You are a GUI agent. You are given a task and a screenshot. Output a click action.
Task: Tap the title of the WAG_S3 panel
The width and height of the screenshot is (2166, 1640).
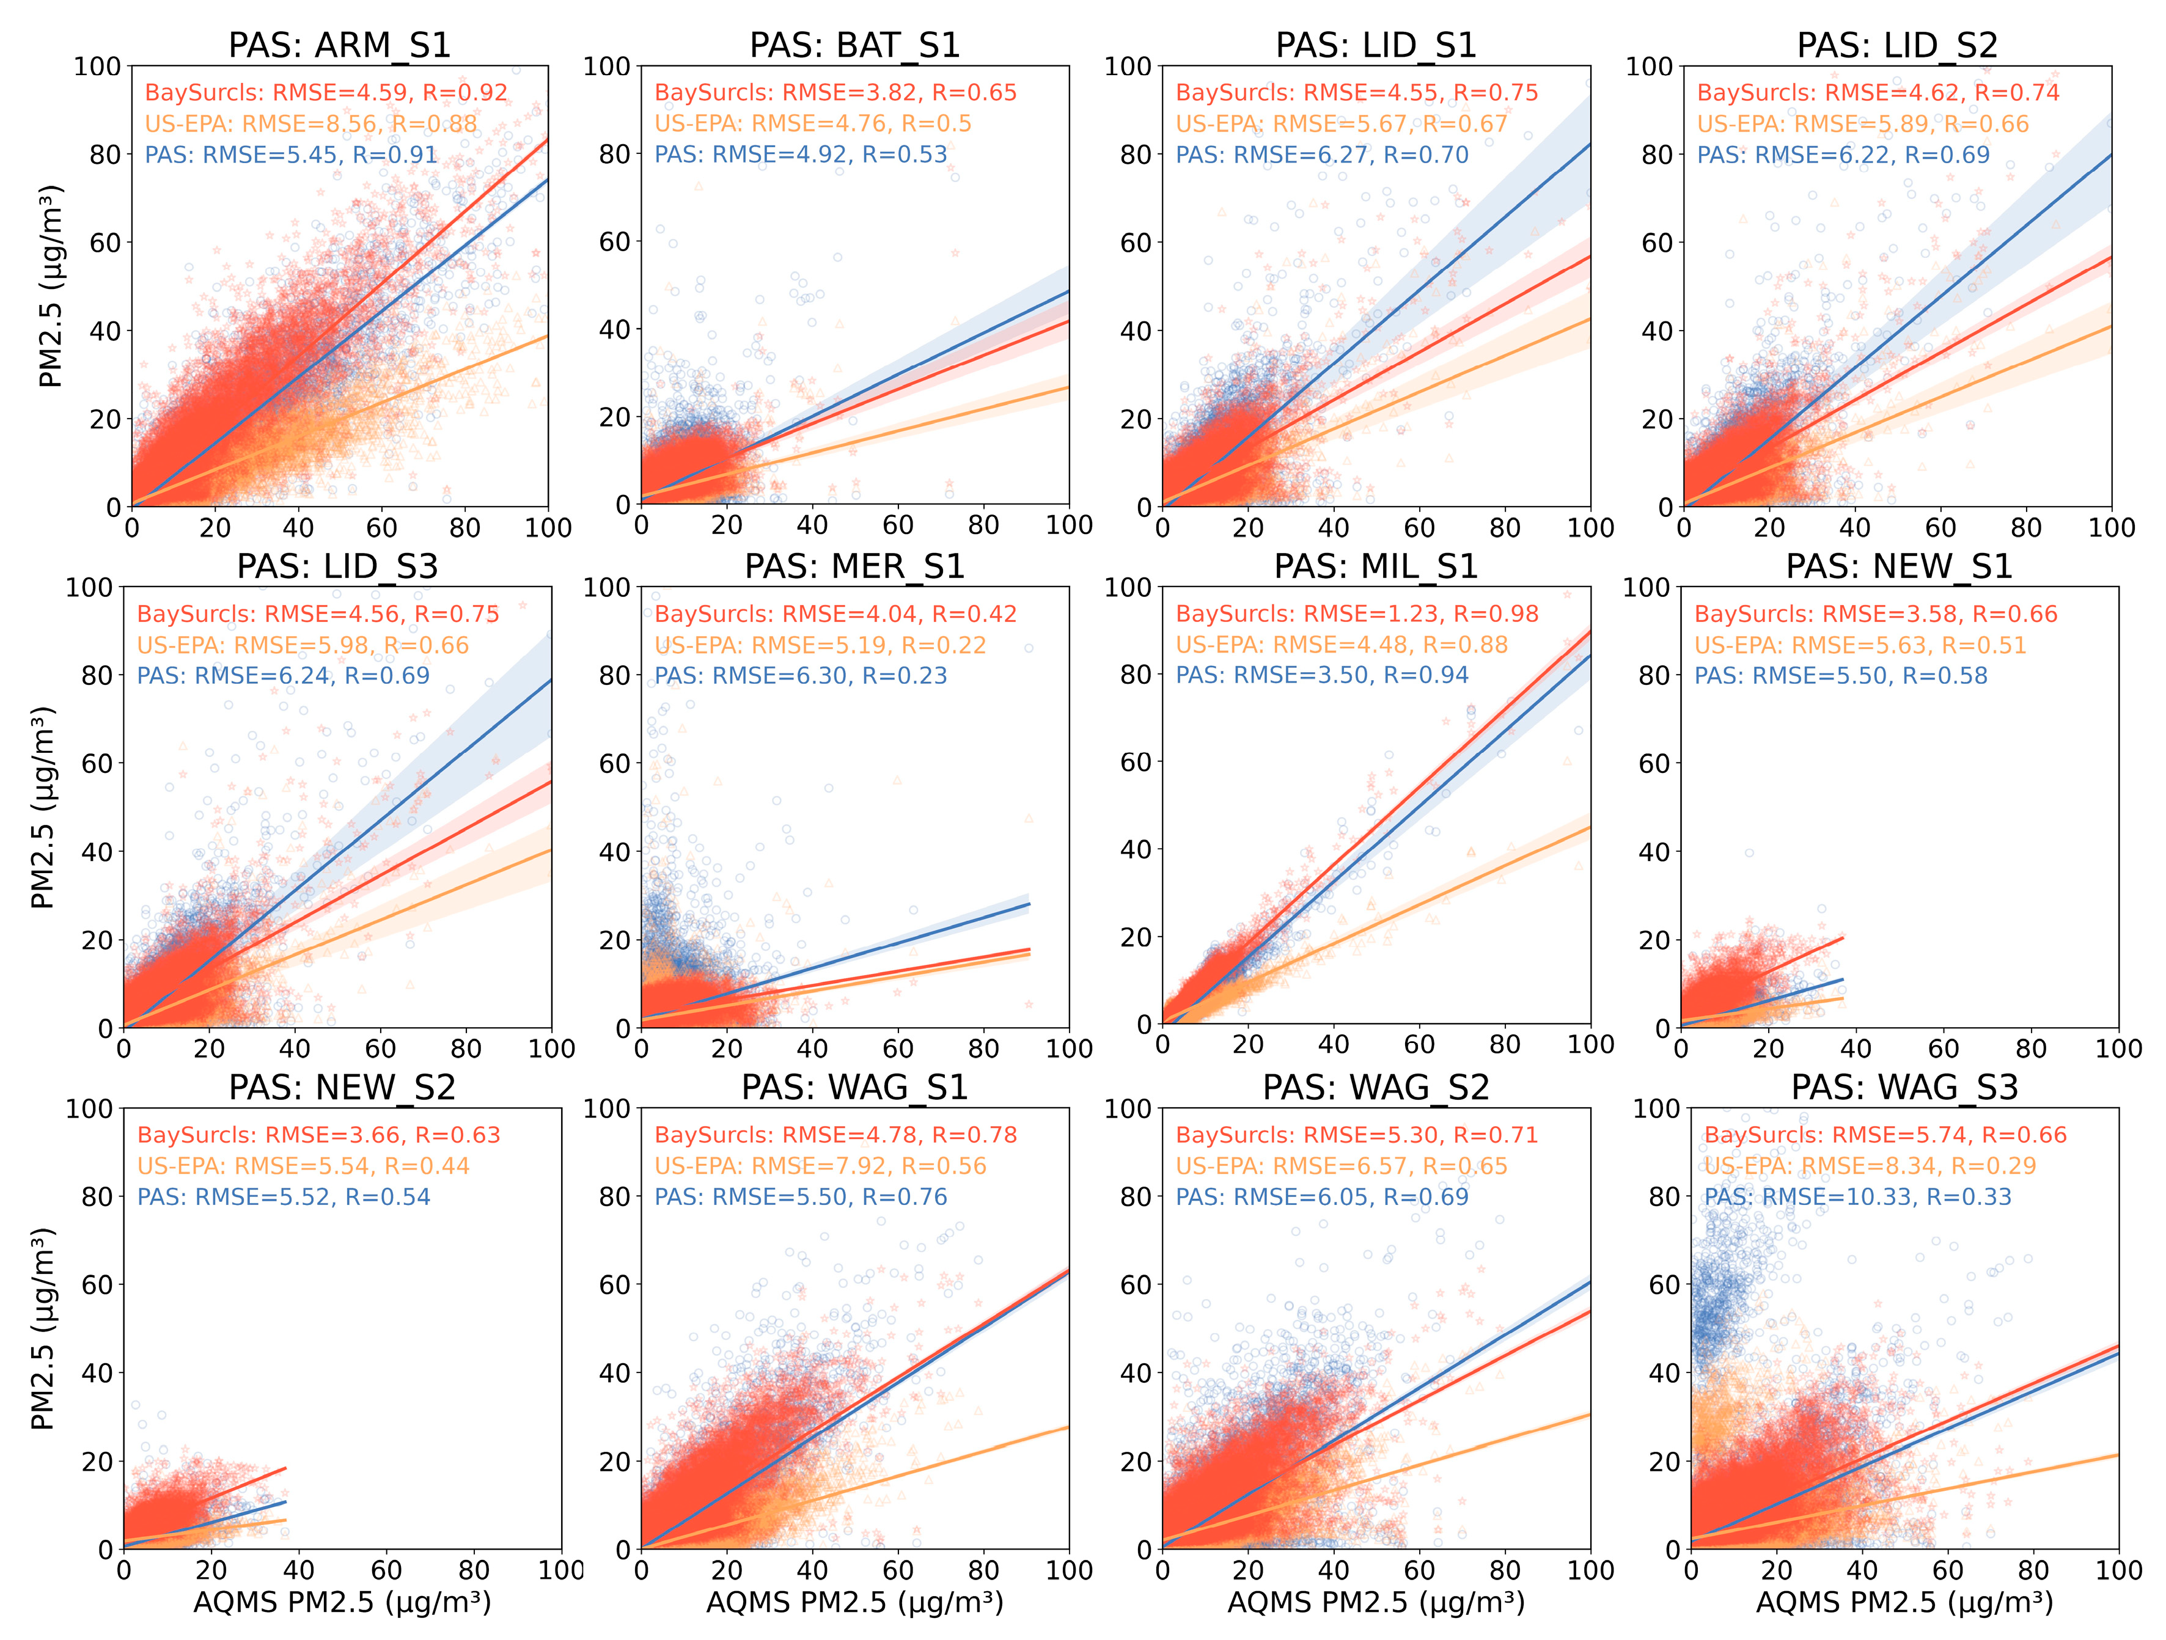tap(1904, 1087)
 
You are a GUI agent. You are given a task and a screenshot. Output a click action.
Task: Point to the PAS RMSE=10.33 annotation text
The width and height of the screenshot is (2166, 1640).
tap(1857, 1196)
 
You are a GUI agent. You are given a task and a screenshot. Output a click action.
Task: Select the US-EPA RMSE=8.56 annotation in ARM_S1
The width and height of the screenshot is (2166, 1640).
tap(310, 123)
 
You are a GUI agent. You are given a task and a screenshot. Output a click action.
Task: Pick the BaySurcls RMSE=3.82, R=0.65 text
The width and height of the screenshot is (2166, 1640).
tap(835, 92)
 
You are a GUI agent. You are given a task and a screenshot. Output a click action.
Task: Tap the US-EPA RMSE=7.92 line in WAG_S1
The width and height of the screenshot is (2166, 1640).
tap(820, 1165)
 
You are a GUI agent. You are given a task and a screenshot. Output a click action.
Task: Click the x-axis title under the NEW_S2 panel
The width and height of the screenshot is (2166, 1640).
tap(342, 1602)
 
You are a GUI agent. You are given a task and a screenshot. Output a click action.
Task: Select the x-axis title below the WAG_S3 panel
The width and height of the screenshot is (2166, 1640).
tap(1904, 1602)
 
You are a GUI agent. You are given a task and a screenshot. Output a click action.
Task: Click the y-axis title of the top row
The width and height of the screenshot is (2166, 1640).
tap(51, 286)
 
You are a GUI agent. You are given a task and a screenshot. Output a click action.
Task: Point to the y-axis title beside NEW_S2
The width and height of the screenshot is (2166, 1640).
tap(43, 1328)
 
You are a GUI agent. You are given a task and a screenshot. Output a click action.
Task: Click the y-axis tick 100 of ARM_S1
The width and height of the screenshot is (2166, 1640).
tap(97, 67)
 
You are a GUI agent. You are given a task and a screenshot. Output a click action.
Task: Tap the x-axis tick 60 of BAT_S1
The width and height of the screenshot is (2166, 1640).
tap(898, 525)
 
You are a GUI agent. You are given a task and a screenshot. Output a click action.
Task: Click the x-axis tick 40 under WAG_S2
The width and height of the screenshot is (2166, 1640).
tap(1333, 1570)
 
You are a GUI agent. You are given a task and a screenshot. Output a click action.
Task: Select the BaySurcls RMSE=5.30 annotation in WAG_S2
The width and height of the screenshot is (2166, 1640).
tap(1356, 1135)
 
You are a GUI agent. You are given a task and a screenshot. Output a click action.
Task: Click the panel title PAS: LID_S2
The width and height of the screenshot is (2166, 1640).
tap(1896, 45)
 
